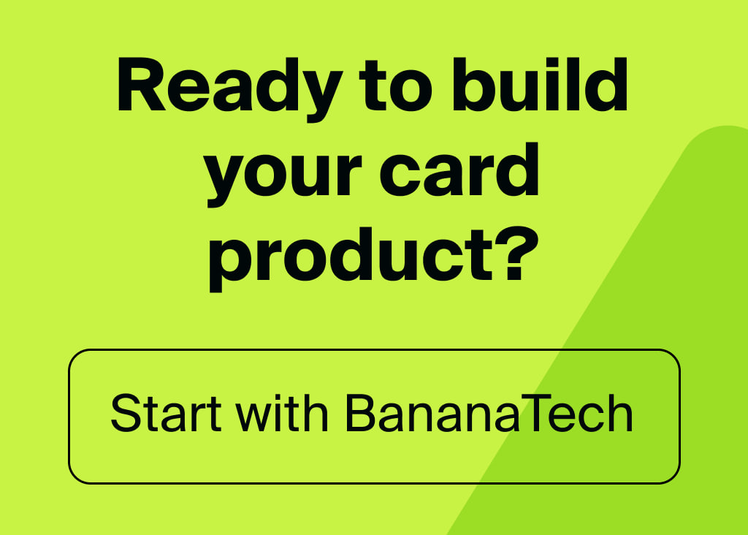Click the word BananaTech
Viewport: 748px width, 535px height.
(x=488, y=414)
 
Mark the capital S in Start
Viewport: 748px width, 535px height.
(x=125, y=414)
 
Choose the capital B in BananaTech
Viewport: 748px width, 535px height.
(x=359, y=414)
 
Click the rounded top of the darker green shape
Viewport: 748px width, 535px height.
(x=723, y=130)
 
